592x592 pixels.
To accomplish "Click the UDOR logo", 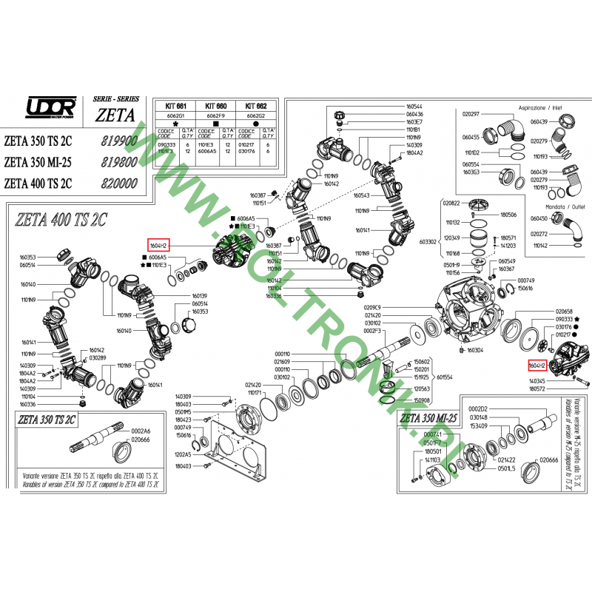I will pos(50,107).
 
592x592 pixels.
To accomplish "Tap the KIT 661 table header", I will pos(175,107).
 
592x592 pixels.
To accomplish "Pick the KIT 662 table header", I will pos(256,107).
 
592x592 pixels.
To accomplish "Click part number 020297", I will pos(471,114).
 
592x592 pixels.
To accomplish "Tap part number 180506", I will pos(509,215).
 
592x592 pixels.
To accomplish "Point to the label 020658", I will pos(565,312).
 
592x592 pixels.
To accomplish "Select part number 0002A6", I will pos(141,431).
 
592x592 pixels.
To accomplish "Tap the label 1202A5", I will pos(183,454).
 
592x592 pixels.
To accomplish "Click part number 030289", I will pos(97,358).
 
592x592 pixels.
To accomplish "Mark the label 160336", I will pos(275,296).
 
